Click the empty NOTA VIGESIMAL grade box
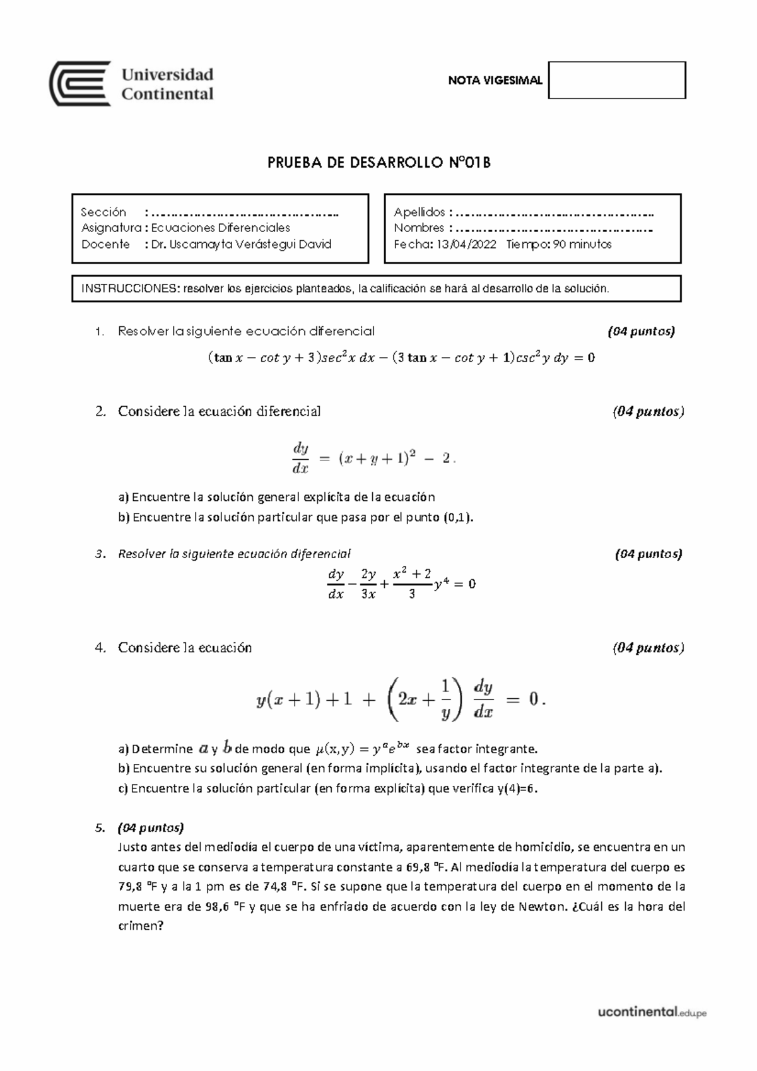click(616, 80)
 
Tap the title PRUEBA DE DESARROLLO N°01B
click(378, 163)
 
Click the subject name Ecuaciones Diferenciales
click(221, 228)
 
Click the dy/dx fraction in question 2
click(300, 458)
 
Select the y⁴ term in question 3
click(442, 584)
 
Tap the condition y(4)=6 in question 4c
click(517, 788)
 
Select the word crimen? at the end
click(141, 927)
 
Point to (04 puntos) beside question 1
click(641, 331)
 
